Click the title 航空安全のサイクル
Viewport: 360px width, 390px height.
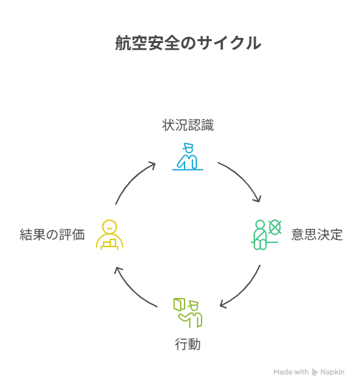tap(188, 43)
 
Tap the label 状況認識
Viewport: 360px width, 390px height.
tap(188, 125)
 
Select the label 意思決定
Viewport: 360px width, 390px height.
tap(317, 235)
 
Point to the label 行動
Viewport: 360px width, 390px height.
tap(188, 344)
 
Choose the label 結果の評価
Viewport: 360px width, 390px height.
tap(52, 235)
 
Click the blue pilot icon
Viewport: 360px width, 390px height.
tap(188, 157)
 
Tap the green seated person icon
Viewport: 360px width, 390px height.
tap(266, 235)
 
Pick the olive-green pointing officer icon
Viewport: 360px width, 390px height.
tap(188, 313)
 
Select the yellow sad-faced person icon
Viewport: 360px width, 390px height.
tap(110, 235)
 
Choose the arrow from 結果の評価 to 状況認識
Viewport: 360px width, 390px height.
tap(132, 179)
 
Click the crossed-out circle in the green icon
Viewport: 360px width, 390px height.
tap(275, 227)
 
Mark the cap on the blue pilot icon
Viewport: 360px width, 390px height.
tap(188, 146)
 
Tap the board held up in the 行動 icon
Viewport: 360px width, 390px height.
tap(179, 305)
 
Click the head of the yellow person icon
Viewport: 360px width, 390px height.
tap(110, 226)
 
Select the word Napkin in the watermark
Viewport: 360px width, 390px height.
tap(333, 372)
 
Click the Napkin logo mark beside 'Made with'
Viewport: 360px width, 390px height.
tap(315, 372)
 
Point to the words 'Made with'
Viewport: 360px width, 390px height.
tap(291, 372)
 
